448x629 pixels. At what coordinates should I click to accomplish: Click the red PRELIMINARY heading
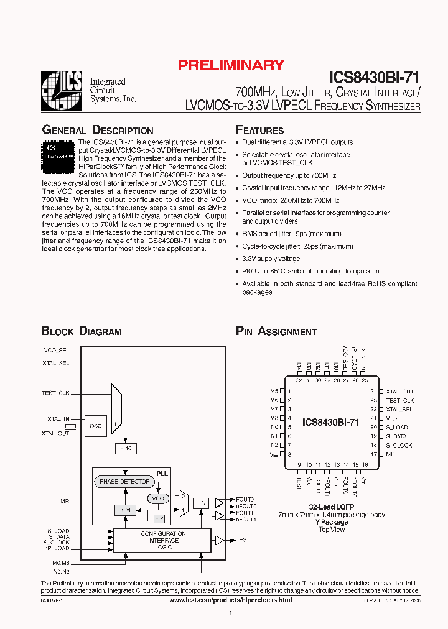click(231, 65)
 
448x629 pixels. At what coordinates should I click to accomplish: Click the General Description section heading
click(97, 131)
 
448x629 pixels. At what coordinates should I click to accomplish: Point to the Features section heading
click(259, 131)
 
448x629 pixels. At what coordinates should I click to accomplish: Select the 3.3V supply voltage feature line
click(271, 259)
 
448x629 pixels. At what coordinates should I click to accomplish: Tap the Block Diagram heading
click(82, 332)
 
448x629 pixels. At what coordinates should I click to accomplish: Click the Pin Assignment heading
click(276, 332)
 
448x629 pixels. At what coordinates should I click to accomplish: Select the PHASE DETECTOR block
click(124, 482)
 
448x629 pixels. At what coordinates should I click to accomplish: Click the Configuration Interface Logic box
click(163, 541)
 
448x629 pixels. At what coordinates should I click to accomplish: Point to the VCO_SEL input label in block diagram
click(56, 351)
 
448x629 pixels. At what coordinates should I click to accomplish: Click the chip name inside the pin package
click(330, 423)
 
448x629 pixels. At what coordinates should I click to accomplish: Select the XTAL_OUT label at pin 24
click(399, 392)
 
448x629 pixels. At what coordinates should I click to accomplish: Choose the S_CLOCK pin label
click(399, 446)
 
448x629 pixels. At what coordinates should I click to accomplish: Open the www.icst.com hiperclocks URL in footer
click(230, 600)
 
